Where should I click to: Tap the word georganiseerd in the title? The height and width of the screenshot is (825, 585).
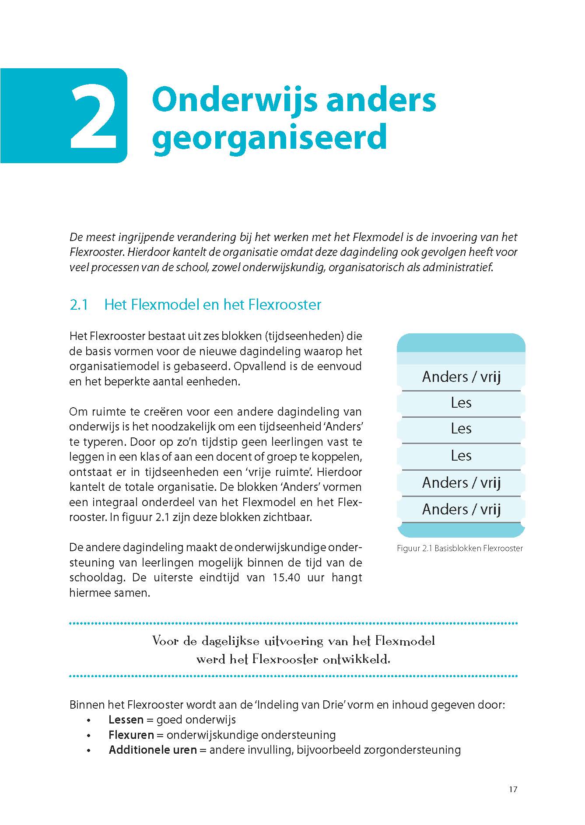pos(270,137)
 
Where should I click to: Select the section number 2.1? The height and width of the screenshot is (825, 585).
pos(79,304)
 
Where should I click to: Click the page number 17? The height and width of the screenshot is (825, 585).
pos(513,789)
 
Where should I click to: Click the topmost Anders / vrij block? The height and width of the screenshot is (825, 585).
pos(461,377)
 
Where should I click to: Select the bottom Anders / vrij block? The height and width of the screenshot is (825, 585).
pos(461,509)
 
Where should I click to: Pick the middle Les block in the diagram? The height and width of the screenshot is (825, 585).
pos(461,429)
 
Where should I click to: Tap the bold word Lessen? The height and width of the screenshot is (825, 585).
pos(126,720)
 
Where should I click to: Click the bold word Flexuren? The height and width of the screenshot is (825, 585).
pos(131,735)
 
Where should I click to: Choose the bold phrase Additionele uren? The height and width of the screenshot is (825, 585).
pos(153,750)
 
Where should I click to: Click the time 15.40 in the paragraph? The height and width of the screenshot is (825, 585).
pos(286,577)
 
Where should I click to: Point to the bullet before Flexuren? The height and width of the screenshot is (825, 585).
pos(89,736)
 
